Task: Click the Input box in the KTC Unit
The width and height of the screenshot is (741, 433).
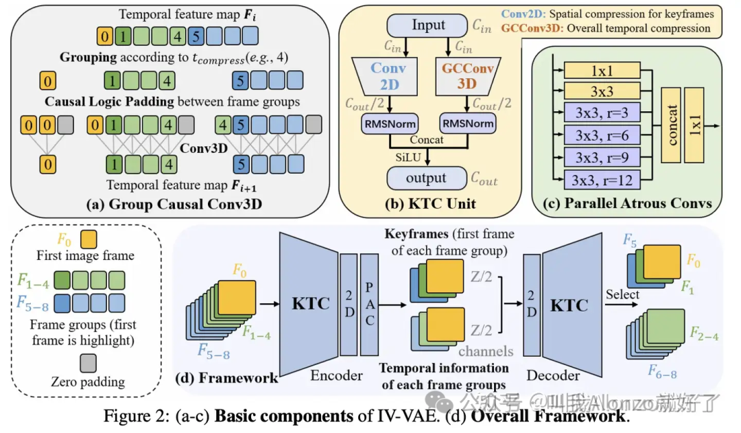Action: coord(428,25)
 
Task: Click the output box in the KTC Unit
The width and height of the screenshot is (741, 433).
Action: coord(426,178)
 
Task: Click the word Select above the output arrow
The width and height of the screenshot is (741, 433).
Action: coord(622,295)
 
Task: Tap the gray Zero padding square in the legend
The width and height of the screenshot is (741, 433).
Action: coord(88,362)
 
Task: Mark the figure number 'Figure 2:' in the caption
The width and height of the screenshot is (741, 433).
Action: coord(133,416)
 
